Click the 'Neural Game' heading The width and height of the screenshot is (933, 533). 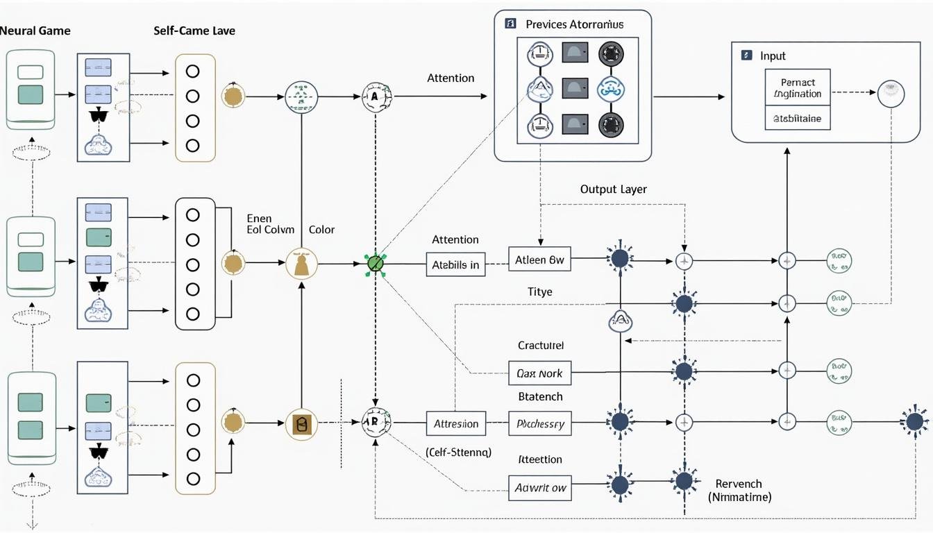coord(35,31)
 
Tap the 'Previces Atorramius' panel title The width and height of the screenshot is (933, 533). coord(574,24)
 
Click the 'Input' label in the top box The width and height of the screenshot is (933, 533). coord(773,56)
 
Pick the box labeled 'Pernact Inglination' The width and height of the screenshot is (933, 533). coord(798,88)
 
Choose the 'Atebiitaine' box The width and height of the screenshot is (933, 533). coord(798,119)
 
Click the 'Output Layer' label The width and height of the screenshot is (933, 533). coord(613,189)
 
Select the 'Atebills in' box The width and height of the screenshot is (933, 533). coord(455,264)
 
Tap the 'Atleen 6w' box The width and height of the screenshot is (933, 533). coord(539,260)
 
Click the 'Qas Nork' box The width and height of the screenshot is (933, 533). coord(539,373)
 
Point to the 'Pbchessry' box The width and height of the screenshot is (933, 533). coord(539,423)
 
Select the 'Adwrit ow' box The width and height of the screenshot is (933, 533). coord(539,488)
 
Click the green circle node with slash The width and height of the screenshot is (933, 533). coord(375,264)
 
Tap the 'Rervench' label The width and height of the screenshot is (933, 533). coord(739,484)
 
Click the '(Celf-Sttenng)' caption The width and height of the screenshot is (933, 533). coord(457,452)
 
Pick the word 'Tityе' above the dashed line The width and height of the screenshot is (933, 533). coord(539,292)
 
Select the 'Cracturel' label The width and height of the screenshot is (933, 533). coord(540,345)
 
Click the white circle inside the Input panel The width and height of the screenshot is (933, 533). coord(891,93)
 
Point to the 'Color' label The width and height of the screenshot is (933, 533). coord(321,230)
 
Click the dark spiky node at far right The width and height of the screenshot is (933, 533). coord(915,421)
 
